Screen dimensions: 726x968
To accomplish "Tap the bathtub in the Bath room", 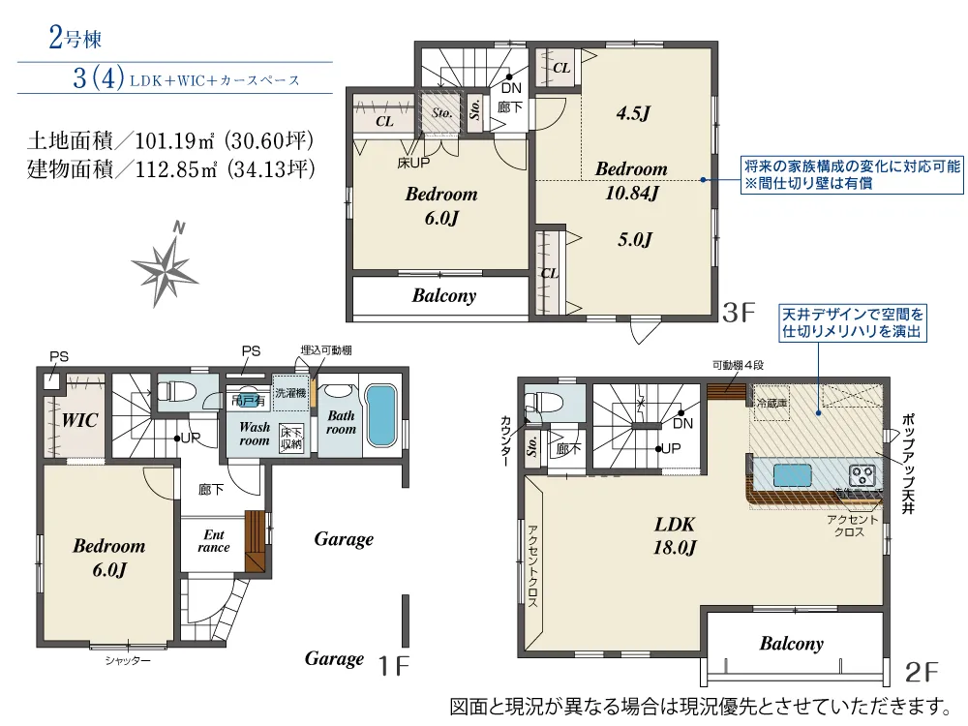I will [x=381, y=416].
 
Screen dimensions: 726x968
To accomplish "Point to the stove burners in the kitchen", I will [x=862, y=475].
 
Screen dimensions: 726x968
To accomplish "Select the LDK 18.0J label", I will [x=675, y=535].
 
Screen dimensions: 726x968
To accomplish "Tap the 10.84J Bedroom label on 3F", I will [x=631, y=181].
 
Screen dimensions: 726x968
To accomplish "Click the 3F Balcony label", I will [x=443, y=295].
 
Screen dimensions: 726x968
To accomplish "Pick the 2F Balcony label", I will [x=791, y=643].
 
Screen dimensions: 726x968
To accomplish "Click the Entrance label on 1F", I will [x=214, y=541].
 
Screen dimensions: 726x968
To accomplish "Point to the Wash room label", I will [x=255, y=433].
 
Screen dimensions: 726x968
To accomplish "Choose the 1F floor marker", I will [x=394, y=665].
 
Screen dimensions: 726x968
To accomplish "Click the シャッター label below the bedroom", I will [x=128, y=660].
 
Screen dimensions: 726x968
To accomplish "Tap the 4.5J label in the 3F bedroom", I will [x=633, y=113].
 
